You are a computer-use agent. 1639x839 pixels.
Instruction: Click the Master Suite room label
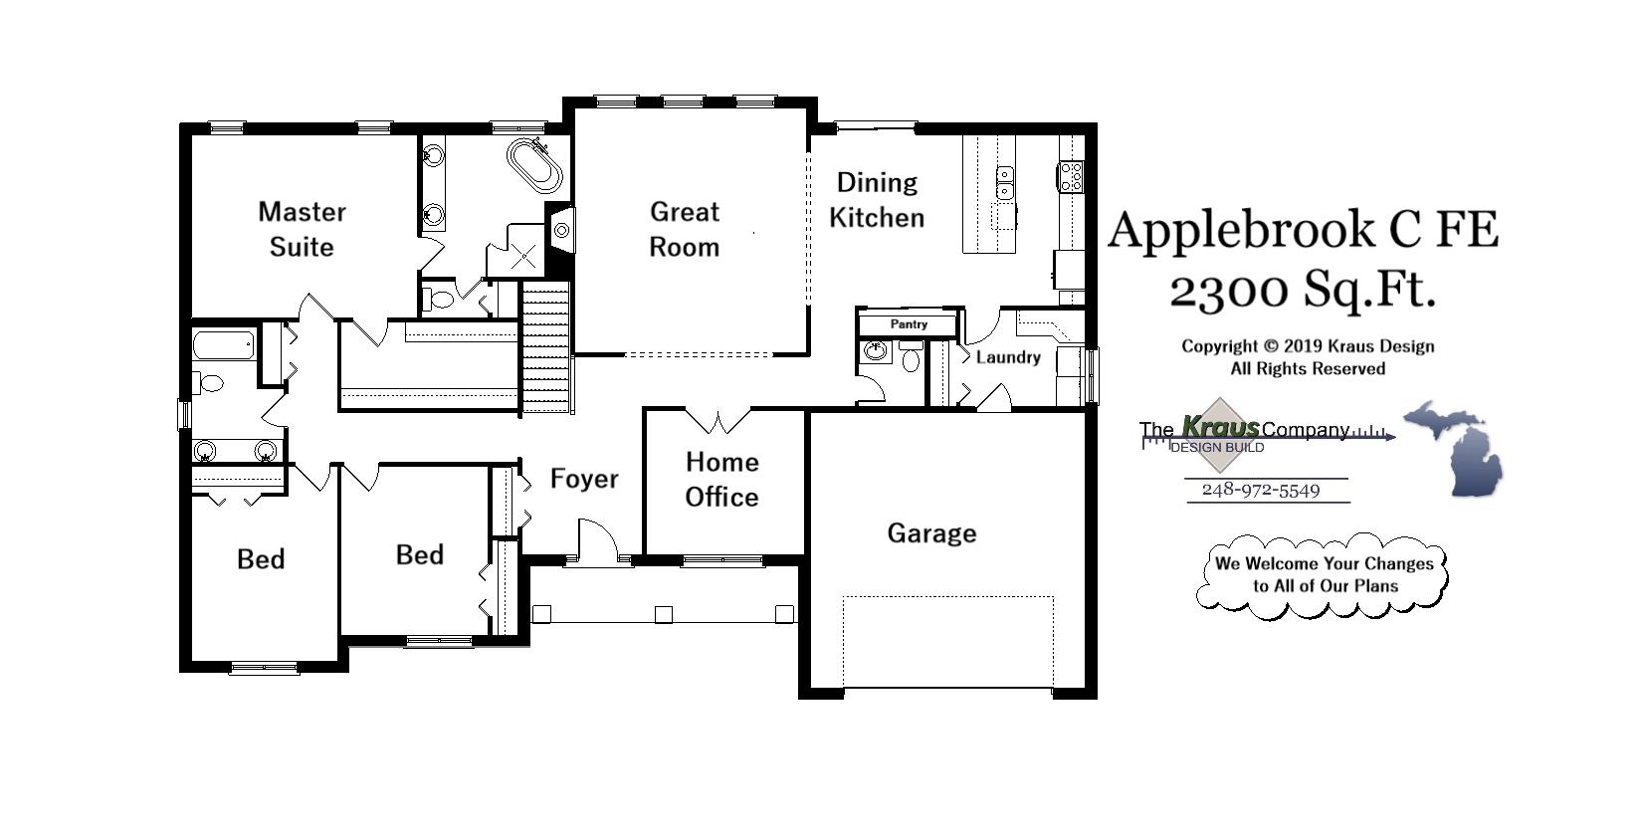click(302, 229)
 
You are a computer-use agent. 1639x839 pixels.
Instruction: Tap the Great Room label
click(684, 229)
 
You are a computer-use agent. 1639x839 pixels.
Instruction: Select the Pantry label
click(909, 324)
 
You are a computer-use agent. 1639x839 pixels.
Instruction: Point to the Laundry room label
click(1007, 357)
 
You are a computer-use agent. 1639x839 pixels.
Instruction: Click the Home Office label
click(721, 479)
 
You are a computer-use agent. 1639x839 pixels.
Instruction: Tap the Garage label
click(931, 533)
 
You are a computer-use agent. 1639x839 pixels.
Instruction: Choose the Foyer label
click(584, 479)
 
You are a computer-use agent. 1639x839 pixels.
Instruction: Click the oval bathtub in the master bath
click(535, 166)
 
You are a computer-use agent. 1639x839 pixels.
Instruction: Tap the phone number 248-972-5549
click(1260, 491)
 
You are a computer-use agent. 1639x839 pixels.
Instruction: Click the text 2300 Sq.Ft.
click(1302, 291)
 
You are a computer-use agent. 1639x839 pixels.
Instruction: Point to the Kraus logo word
click(1220, 428)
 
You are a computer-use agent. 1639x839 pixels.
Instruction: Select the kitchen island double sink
click(1005, 183)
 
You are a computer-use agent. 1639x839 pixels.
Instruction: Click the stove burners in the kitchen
click(1071, 177)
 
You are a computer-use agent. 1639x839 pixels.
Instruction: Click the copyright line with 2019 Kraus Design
click(1307, 346)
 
